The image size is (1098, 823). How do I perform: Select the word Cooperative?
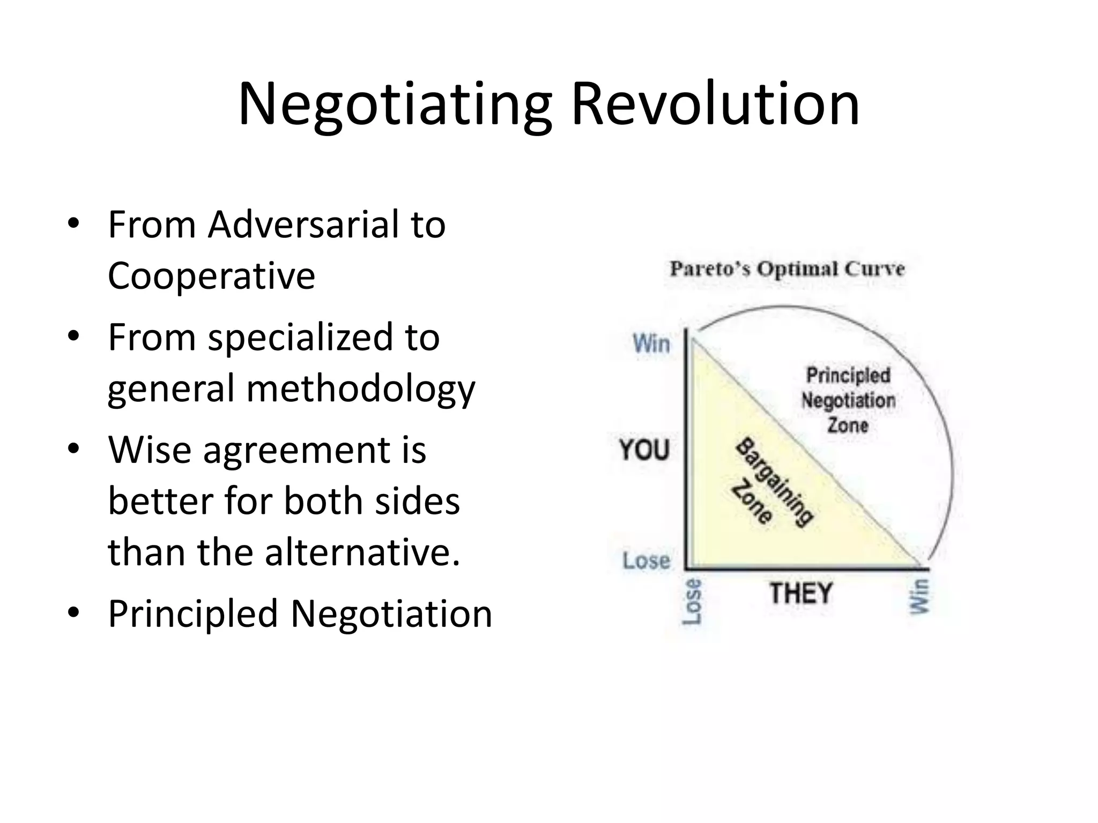point(211,276)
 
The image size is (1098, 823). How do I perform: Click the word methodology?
point(360,389)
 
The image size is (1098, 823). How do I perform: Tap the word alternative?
point(362,552)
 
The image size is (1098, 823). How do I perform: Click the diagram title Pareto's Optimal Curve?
point(787,268)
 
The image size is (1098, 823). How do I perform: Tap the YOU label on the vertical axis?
point(644,450)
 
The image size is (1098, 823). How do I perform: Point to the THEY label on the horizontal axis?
point(801,594)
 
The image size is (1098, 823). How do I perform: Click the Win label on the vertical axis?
point(651,343)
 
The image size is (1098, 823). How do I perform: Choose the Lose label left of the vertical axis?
point(647,561)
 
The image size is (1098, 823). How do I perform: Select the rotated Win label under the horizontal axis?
point(919,596)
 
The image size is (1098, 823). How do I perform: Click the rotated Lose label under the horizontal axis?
point(692,602)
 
